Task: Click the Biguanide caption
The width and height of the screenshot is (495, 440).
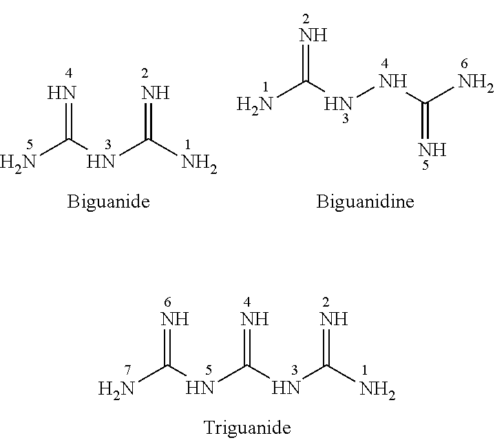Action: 108,201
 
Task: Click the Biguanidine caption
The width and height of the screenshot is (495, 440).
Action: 365,201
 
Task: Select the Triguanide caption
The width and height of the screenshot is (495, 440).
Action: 247,428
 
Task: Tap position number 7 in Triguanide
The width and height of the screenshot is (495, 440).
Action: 127,371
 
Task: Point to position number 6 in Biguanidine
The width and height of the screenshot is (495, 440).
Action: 464,64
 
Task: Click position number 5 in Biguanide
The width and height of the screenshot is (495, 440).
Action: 30,144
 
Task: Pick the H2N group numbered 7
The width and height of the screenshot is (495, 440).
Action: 116,389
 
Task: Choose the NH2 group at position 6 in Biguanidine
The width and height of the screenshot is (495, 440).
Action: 476,82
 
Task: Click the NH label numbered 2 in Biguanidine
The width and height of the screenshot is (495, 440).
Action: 313,35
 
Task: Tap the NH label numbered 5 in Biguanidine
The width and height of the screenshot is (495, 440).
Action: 432,150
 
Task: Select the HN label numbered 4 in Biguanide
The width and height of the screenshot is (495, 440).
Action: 62,93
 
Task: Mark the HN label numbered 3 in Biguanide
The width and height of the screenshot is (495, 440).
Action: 101,162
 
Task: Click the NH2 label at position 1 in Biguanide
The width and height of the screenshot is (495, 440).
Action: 200,163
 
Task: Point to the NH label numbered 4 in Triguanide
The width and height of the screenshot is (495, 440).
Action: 255,319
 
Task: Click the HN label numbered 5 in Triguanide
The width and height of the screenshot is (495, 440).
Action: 200,388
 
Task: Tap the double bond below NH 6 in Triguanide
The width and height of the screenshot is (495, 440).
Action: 167,346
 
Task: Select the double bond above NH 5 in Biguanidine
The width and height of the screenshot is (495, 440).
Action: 425,121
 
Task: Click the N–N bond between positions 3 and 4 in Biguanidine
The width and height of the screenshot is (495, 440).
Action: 366,91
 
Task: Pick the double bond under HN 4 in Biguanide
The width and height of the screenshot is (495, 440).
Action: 69,121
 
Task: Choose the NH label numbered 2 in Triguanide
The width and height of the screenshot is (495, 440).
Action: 334,319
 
